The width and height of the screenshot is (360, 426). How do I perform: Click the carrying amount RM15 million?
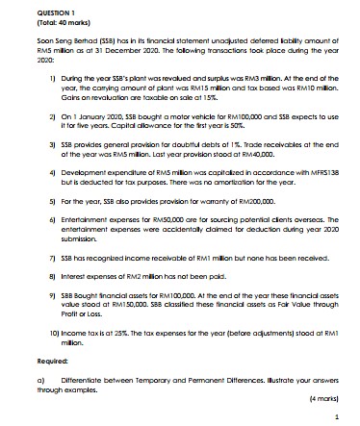click(209, 88)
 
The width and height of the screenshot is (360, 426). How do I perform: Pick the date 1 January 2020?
click(66, 115)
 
